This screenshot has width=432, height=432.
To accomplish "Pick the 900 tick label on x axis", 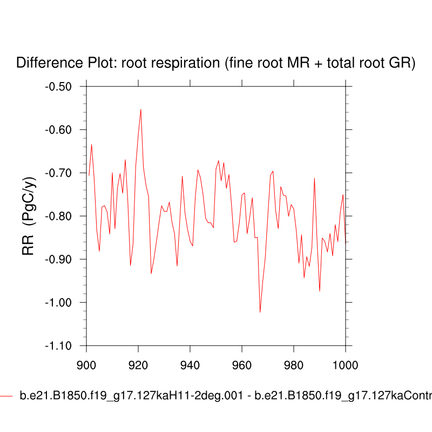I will (86, 364).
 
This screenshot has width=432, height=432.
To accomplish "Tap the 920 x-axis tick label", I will (138, 364).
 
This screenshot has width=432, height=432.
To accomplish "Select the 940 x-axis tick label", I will (190, 364).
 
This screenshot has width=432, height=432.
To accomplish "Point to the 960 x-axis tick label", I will (242, 364).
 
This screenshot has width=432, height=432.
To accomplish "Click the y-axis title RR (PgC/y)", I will (28, 216).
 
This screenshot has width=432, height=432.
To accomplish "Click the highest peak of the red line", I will (141, 109).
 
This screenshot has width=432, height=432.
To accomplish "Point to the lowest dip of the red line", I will (260, 312).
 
